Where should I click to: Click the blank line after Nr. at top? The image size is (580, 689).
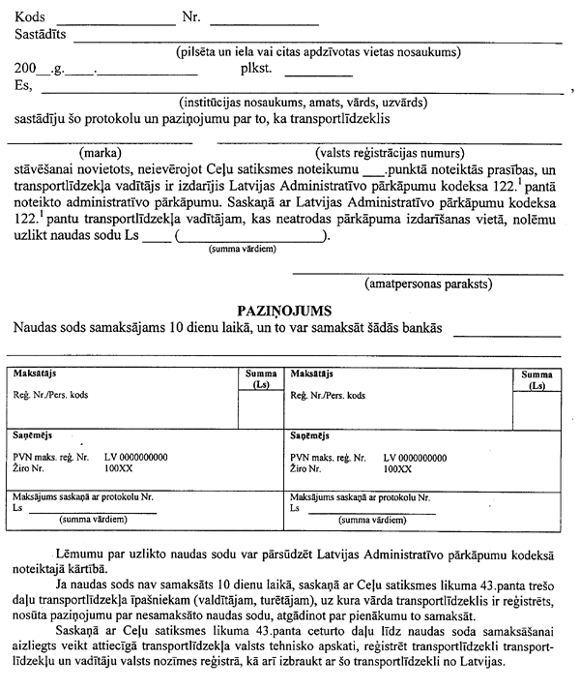[263, 19]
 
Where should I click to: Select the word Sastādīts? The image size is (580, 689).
[43, 35]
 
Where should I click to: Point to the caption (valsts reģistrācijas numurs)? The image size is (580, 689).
[384, 152]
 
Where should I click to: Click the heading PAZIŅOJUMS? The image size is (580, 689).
[285, 311]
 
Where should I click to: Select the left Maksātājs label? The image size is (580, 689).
[32, 373]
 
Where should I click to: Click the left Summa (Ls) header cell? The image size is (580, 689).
[260, 378]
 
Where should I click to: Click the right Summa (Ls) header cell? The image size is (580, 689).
[537, 378]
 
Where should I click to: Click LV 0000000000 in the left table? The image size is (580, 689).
[134, 457]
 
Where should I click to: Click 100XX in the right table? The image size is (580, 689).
[397, 468]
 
